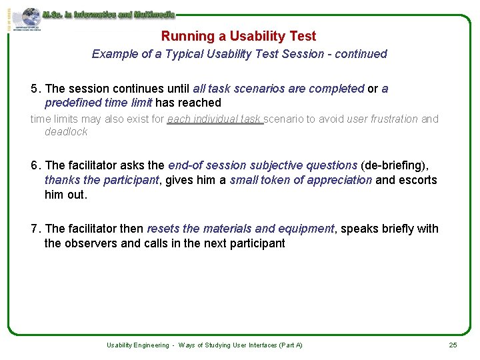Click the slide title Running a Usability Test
pos(239,36)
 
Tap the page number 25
pos(453,345)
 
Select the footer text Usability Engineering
pos(138,345)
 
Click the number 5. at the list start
pos(36,89)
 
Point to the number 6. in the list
pos(36,165)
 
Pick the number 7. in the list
pos(36,229)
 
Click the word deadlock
pos(66,132)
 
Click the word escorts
pos(417,180)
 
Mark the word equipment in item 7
pos(306,229)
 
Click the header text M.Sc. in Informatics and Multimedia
pos(109,13)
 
